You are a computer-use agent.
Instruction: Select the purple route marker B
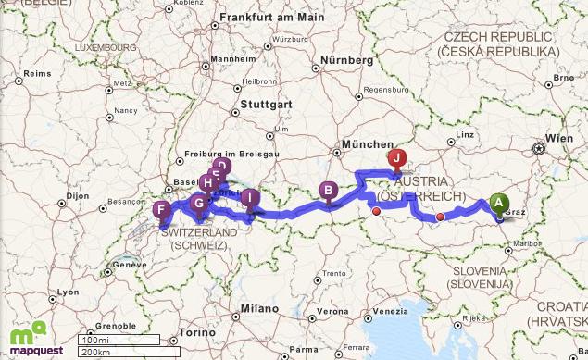click(x=328, y=191)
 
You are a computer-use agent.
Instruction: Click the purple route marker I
click(x=249, y=197)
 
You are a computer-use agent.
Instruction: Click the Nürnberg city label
click(x=346, y=60)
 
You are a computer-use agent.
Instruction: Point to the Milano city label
click(x=259, y=307)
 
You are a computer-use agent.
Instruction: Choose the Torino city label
click(x=190, y=331)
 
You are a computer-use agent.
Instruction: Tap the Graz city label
click(x=516, y=212)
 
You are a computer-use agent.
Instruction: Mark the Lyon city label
click(x=66, y=292)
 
